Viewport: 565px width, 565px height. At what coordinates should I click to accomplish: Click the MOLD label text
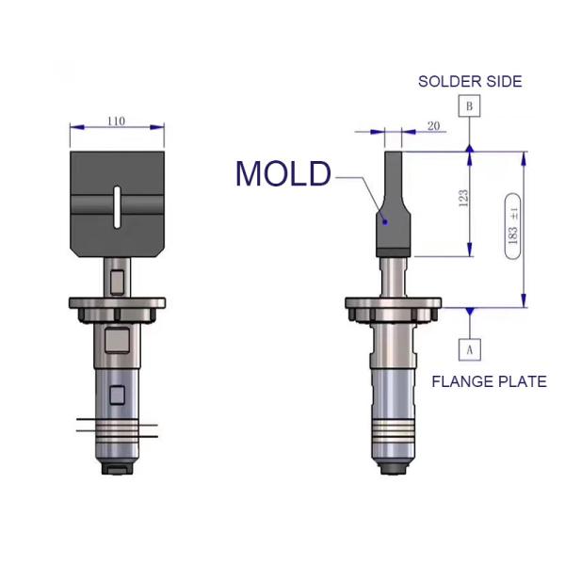(282, 174)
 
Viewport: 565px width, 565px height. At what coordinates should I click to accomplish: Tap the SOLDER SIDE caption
(470, 82)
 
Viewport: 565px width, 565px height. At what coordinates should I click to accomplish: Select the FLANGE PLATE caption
(489, 381)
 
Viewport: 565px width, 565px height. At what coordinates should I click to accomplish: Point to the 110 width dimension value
(117, 121)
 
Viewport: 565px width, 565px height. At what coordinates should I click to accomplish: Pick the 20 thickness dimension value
(433, 125)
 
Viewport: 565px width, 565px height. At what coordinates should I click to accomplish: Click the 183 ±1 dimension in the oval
(513, 228)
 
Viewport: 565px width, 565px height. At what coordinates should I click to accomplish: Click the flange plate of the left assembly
(117, 302)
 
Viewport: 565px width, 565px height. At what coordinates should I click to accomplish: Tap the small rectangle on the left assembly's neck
(117, 280)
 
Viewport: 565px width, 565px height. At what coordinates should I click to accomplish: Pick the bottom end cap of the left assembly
(117, 464)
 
